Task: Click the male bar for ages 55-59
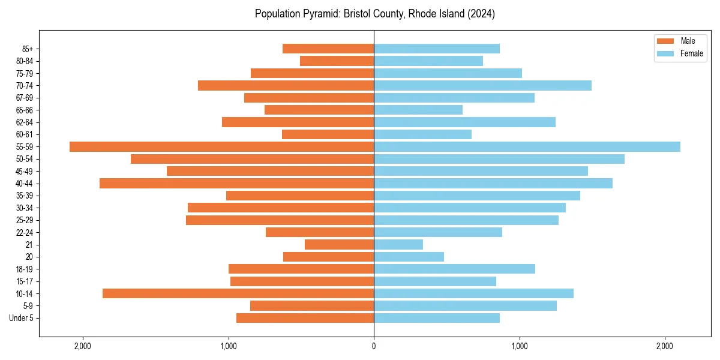coord(221,146)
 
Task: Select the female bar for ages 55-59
coord(527,146)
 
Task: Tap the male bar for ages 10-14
coord(238,293)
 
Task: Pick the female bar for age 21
coord(398,244)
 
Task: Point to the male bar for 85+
coord(328,49)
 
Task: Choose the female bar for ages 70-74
coord(482,85)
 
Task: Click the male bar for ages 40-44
coord(236,183)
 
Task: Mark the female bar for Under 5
coord(437,318)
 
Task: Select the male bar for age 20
coord(328,257)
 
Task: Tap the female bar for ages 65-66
coord(418,110)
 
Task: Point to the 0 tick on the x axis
coord(374,347)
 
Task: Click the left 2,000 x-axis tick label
coord(82,347)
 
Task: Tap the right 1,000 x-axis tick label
coord(520,347)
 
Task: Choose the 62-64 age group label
coord(25,122)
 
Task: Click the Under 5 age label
coord(22,318)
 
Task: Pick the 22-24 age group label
coord(25,232)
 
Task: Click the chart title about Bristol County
coord(374,14)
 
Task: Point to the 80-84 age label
coord(25,61)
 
